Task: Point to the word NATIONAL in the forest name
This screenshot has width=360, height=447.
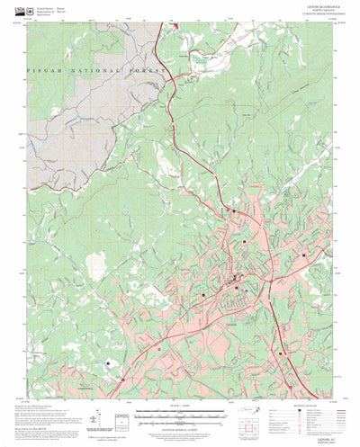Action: [96, 70]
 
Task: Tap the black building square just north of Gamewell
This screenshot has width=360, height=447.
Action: [109, 363]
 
